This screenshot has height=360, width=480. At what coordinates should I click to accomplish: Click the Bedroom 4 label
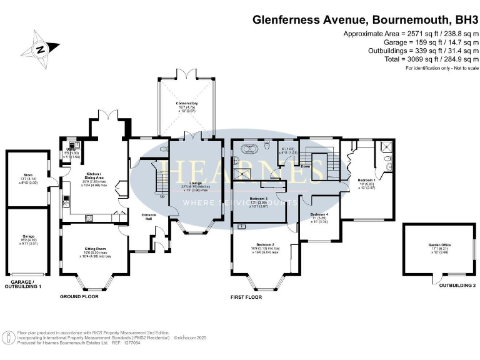coord(319,214)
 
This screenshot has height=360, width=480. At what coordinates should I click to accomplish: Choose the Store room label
coord(27,176)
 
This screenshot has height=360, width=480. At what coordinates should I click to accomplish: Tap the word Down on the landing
coord(306,167)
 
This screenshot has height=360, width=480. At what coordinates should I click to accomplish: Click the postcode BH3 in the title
coord(459,19)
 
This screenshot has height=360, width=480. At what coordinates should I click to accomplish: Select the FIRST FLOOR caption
coord(246,297)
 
